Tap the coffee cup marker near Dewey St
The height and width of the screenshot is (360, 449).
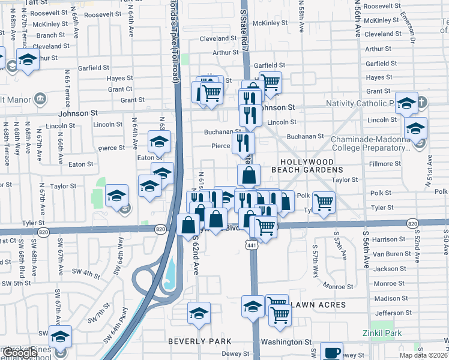[x=331, y=352]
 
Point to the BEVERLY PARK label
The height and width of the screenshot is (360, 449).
[x=200, y=341]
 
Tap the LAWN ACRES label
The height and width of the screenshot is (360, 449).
[x=318, y=305]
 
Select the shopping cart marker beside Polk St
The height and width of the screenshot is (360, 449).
[x=324, y=202]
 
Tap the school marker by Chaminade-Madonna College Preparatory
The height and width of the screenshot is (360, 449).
[x=415, y=128]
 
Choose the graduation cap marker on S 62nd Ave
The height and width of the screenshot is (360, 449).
[x=199, y=313]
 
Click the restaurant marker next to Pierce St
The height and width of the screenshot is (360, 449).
[x=244, y=142]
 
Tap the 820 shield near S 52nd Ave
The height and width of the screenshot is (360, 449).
[x=412, y=223]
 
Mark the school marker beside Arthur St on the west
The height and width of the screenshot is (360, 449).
[x=28, y=59]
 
